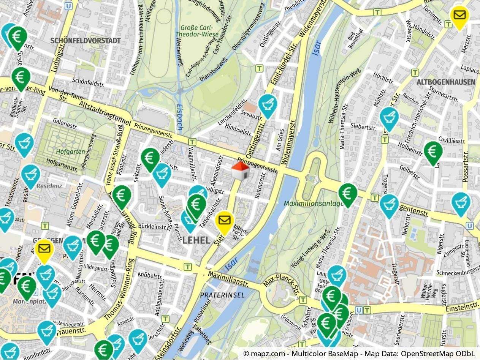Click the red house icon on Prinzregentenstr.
[x=240, y=171]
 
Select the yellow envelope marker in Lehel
[x=224, y=221]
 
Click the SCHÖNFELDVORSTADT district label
[x=86, y=41]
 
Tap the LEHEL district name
[x=196, y=240]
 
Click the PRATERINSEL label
[x=222, y=295]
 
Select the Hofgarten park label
[x=65, y=152]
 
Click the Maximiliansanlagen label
[x=314, y=204]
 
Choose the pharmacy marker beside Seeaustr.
[x=268, y=104]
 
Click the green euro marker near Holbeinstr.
[x=433, y=152]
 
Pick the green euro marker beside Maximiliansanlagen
[x=348, y=194]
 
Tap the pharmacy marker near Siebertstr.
[x=389, y=117]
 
